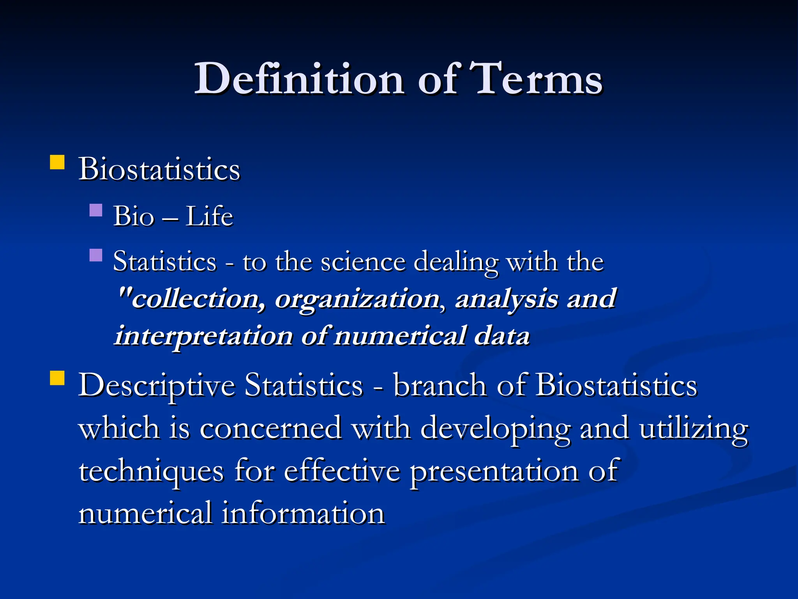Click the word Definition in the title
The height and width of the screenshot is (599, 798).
tap(299, 79)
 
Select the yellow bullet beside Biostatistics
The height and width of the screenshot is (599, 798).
tap(57, 162)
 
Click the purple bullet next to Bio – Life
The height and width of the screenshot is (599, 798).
tap(96, 210)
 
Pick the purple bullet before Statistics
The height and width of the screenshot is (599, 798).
tap(96, 255)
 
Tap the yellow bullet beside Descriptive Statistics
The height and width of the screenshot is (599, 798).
tap(57, 378)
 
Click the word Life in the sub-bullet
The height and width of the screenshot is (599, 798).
tap(209, 216)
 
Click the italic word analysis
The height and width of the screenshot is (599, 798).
tap(507, 299)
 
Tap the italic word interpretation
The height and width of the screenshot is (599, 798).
tap(203, 336)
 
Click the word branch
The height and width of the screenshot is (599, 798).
tap(440, 385)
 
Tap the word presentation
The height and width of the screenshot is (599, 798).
tap(494, 471)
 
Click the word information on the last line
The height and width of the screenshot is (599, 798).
tap(304, 513)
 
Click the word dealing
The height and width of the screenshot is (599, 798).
tap(455, 262)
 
